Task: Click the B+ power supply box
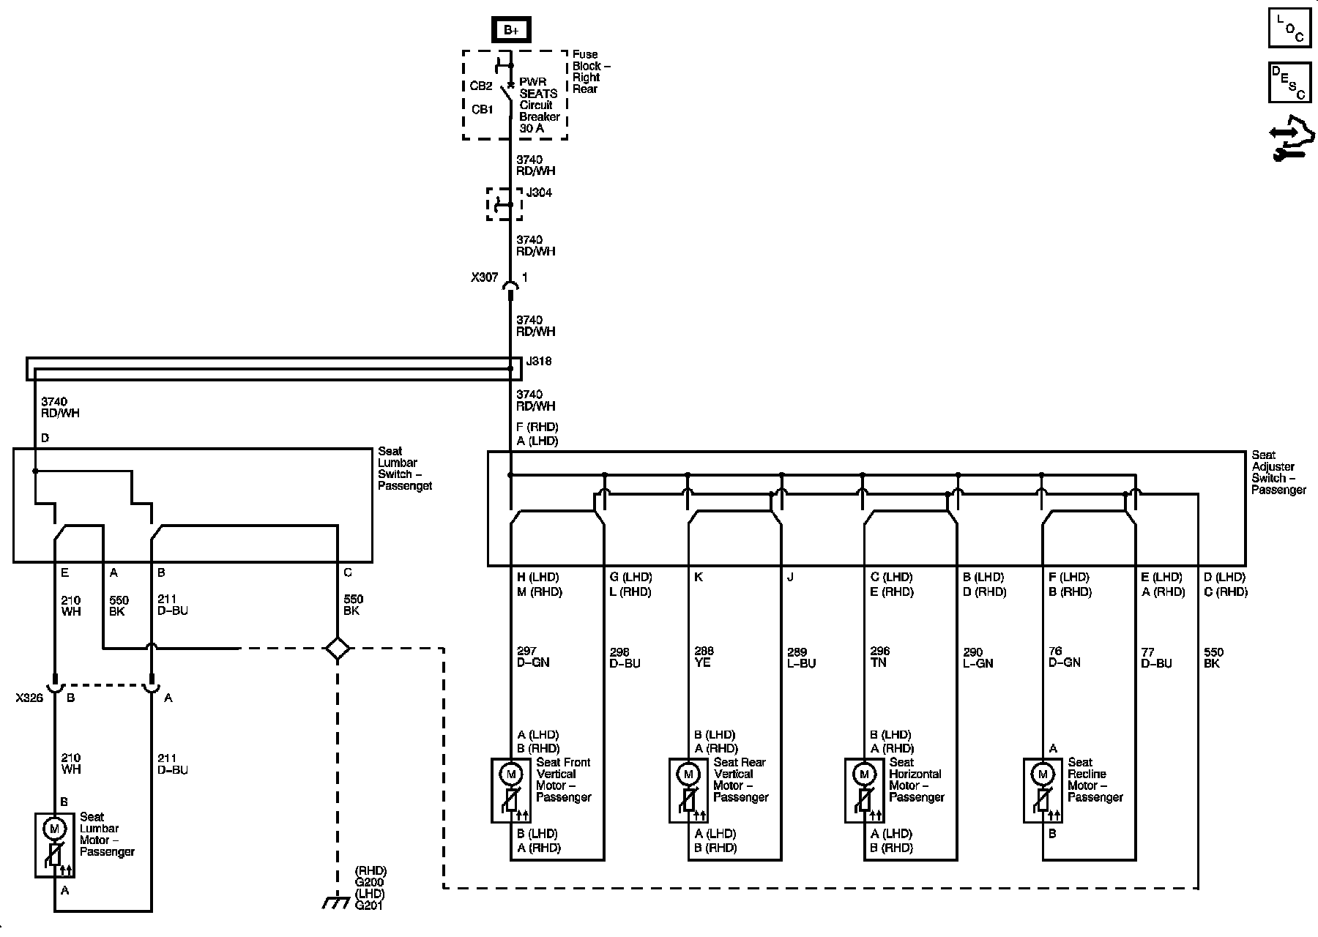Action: (510, 30)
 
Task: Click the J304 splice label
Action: (539, 193)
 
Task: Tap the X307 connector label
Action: (484, 278)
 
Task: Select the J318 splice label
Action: (539, 362)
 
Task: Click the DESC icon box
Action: (1289, 82)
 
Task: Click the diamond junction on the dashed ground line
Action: (337, 648)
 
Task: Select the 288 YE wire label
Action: (704, 657)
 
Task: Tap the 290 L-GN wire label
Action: (978, 657)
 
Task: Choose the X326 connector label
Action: (30, 698)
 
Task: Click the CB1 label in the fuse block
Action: (482, 110)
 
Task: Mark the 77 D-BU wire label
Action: (1156, 657)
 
